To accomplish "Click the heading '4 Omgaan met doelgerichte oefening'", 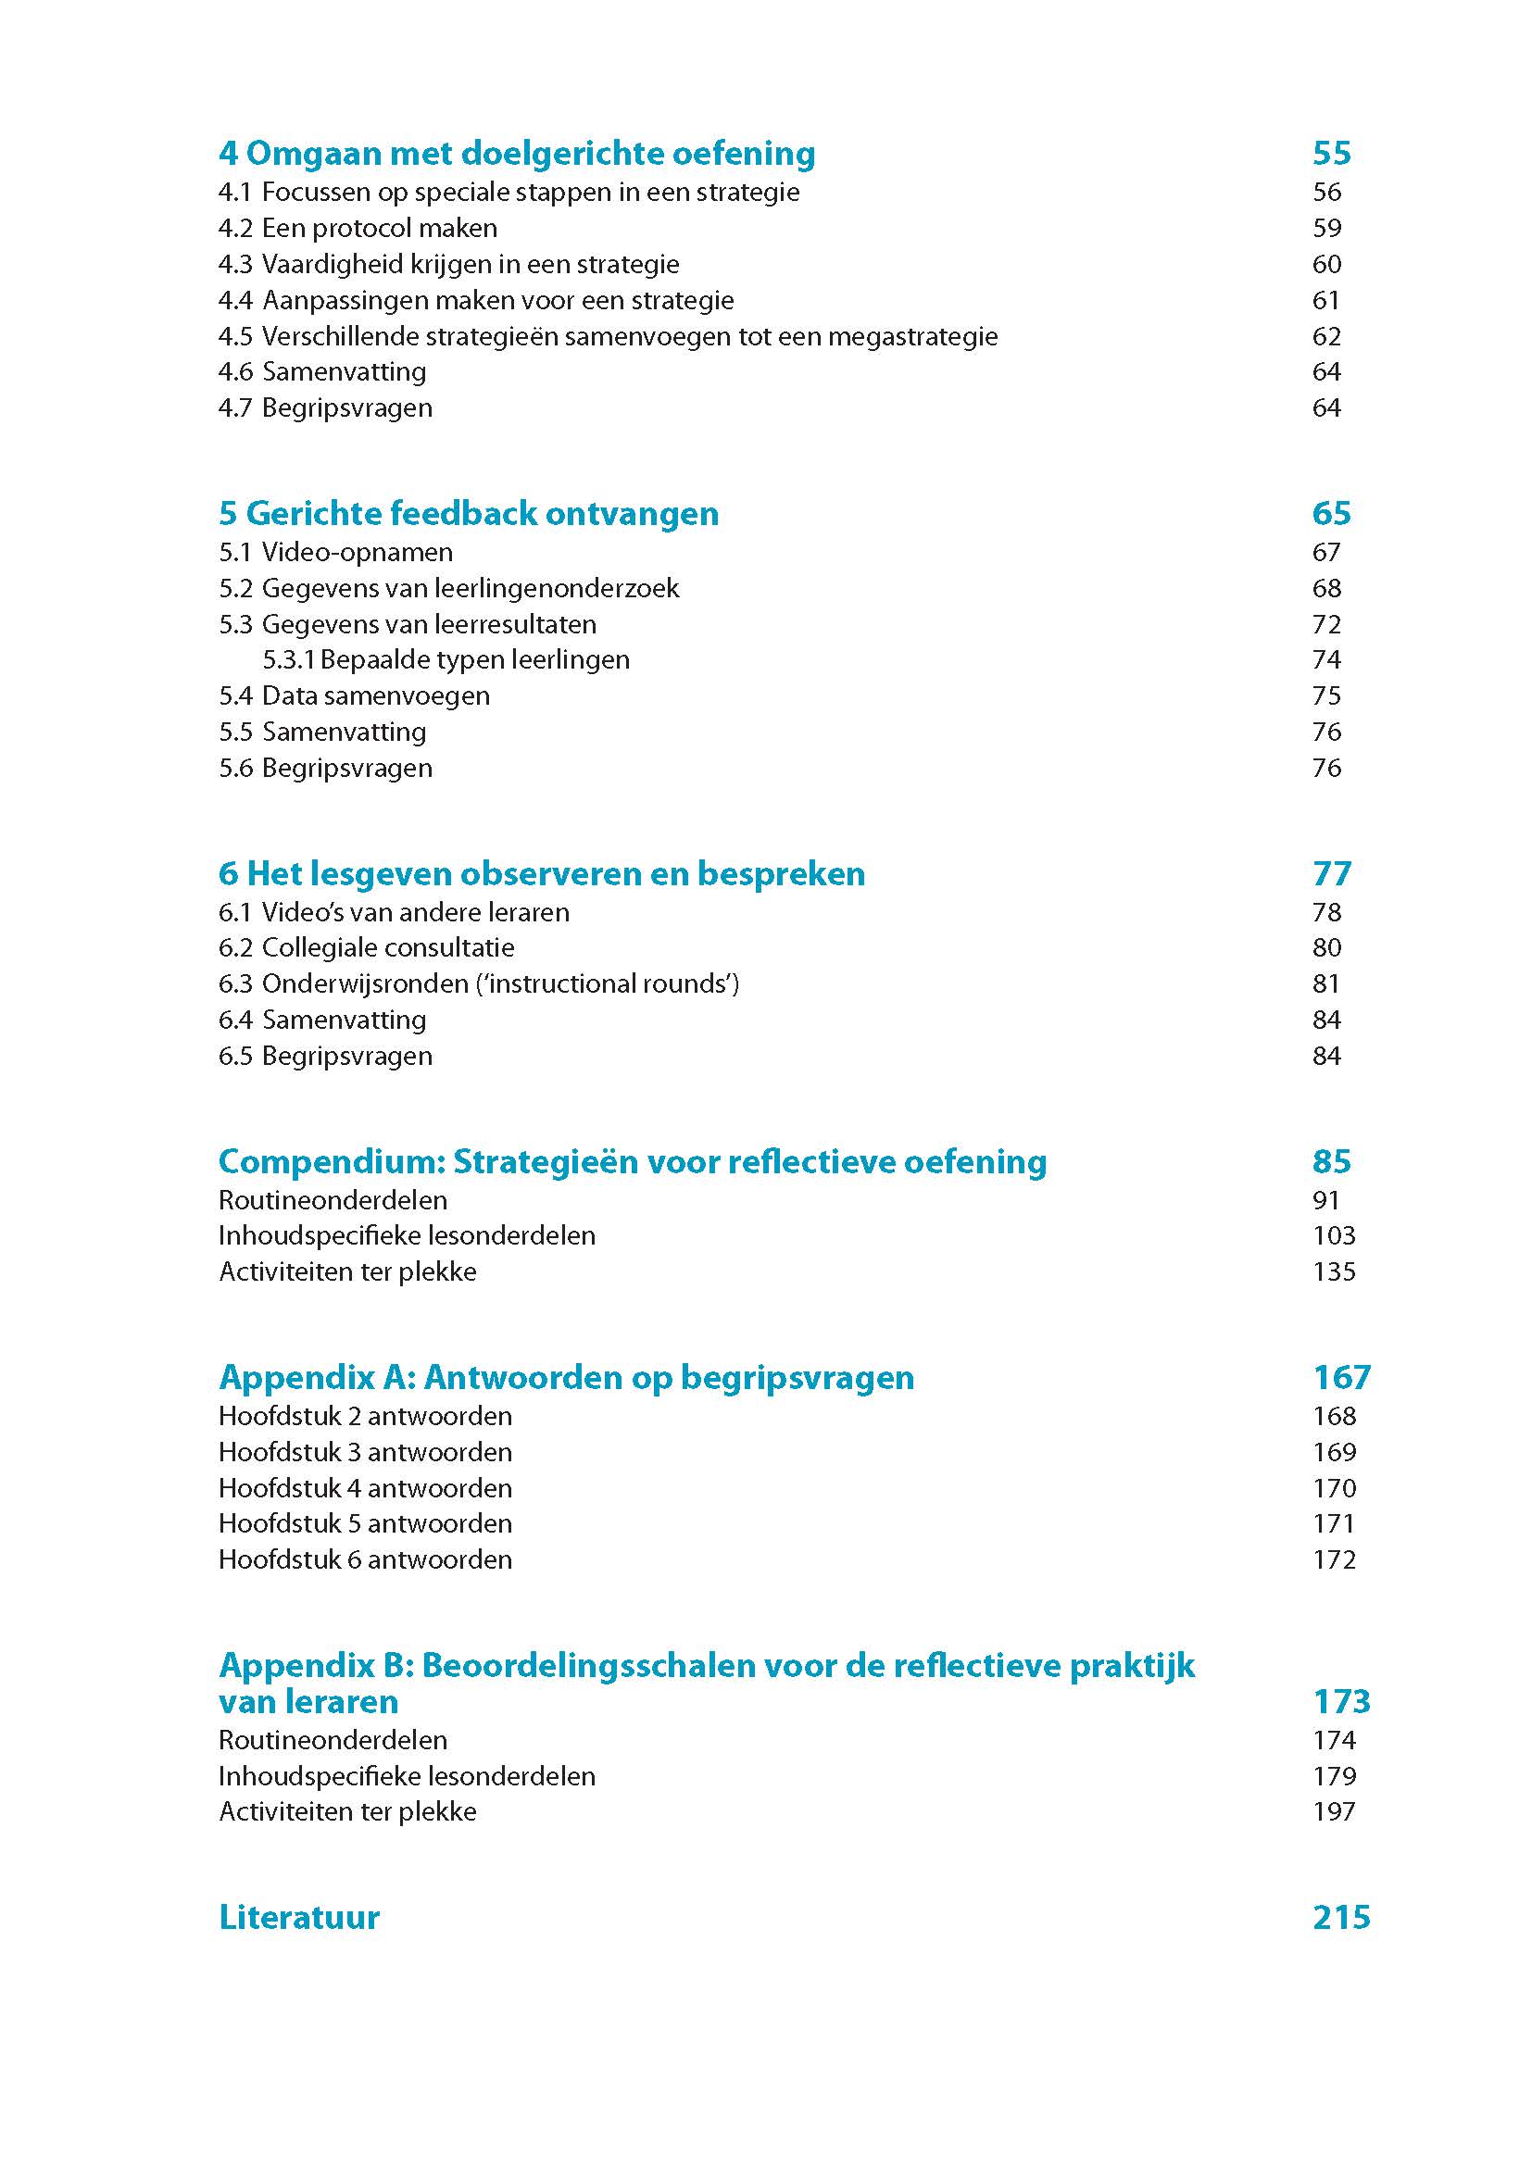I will pos(517,154).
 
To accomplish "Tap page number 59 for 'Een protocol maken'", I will pos(1326,229).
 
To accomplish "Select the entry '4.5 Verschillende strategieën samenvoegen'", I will pos(608,337).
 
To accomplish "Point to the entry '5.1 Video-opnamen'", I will pos(335,553).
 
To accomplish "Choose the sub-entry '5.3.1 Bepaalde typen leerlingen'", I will pos(446,660).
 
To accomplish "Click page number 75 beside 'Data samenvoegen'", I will pos(1326,696).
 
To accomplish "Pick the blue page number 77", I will pos(1331,874).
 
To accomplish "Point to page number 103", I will pos(1333,1236).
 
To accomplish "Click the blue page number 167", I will pos(1340,1378).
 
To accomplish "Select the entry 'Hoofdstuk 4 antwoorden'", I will pos(365,1489).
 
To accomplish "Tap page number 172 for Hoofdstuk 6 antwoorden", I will pos(1333,1560).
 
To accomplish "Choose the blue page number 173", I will pos(1340,1702).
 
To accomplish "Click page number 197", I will pos(1333,1812).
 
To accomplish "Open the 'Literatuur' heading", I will pos(299,1918).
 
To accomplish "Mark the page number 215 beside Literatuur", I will pos(1340,1918).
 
